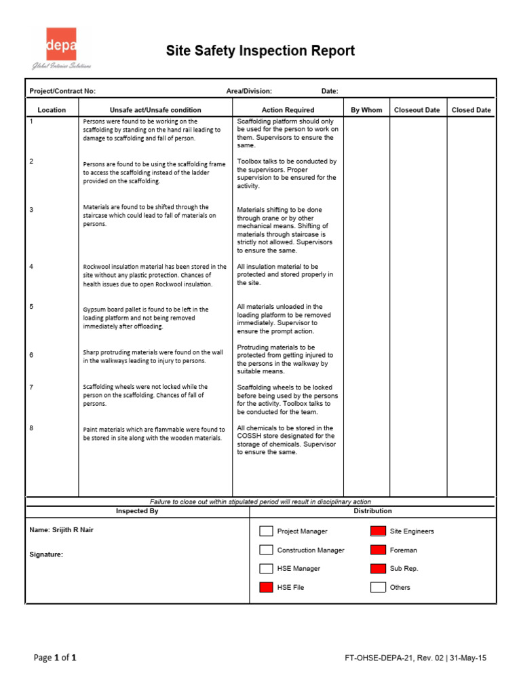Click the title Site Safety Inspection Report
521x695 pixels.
pyautogui.click(x=260, y=51)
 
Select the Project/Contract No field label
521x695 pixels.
pyautogui.click(x=62, y=91)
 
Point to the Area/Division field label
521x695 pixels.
pyautogui.click(x=249, y=91)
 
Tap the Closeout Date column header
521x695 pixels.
pyautogui.click(x=417, y=110)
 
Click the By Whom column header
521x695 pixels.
pyautogui.click(x=366, y=110)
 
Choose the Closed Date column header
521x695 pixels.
pyautogui.click(x=471, y=110)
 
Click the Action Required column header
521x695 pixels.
pyautogui.click(x=288, y=110)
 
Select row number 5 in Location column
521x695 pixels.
pyautogui.click(x=31, y=307)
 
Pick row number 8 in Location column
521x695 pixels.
pyautogui.click(x=31, y=428)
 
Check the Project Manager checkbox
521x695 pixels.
pyautogui.click(x=267, y=531)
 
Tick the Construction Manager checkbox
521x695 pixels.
pyautogui.click(x=267, y=550)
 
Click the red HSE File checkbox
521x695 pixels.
pyautogui.click(x=267, y=587)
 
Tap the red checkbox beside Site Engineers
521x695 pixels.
pyautogui.click(x=378, y=531)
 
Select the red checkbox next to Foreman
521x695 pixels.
pyautogui.click(x=378, y=550)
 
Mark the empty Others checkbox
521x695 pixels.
pyautogui.click(x=378, y=587)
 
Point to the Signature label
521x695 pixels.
pyautogui.click(x=46, y=555)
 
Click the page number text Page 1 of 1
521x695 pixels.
pyautogui.click(x=55, y=658)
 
